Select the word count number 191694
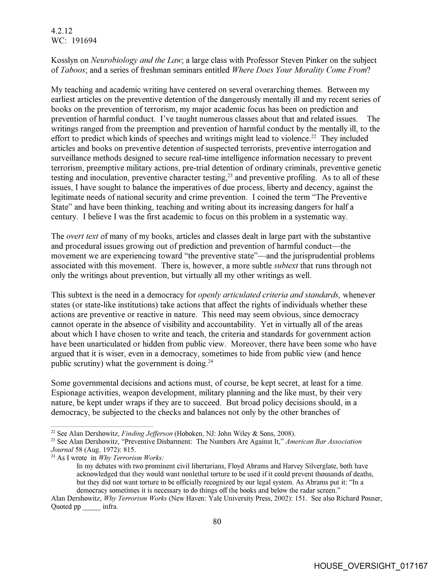coord(84,41)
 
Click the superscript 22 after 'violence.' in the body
coord(314,136)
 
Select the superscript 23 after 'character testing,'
coord(230,175)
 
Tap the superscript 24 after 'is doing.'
coord(211,361)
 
